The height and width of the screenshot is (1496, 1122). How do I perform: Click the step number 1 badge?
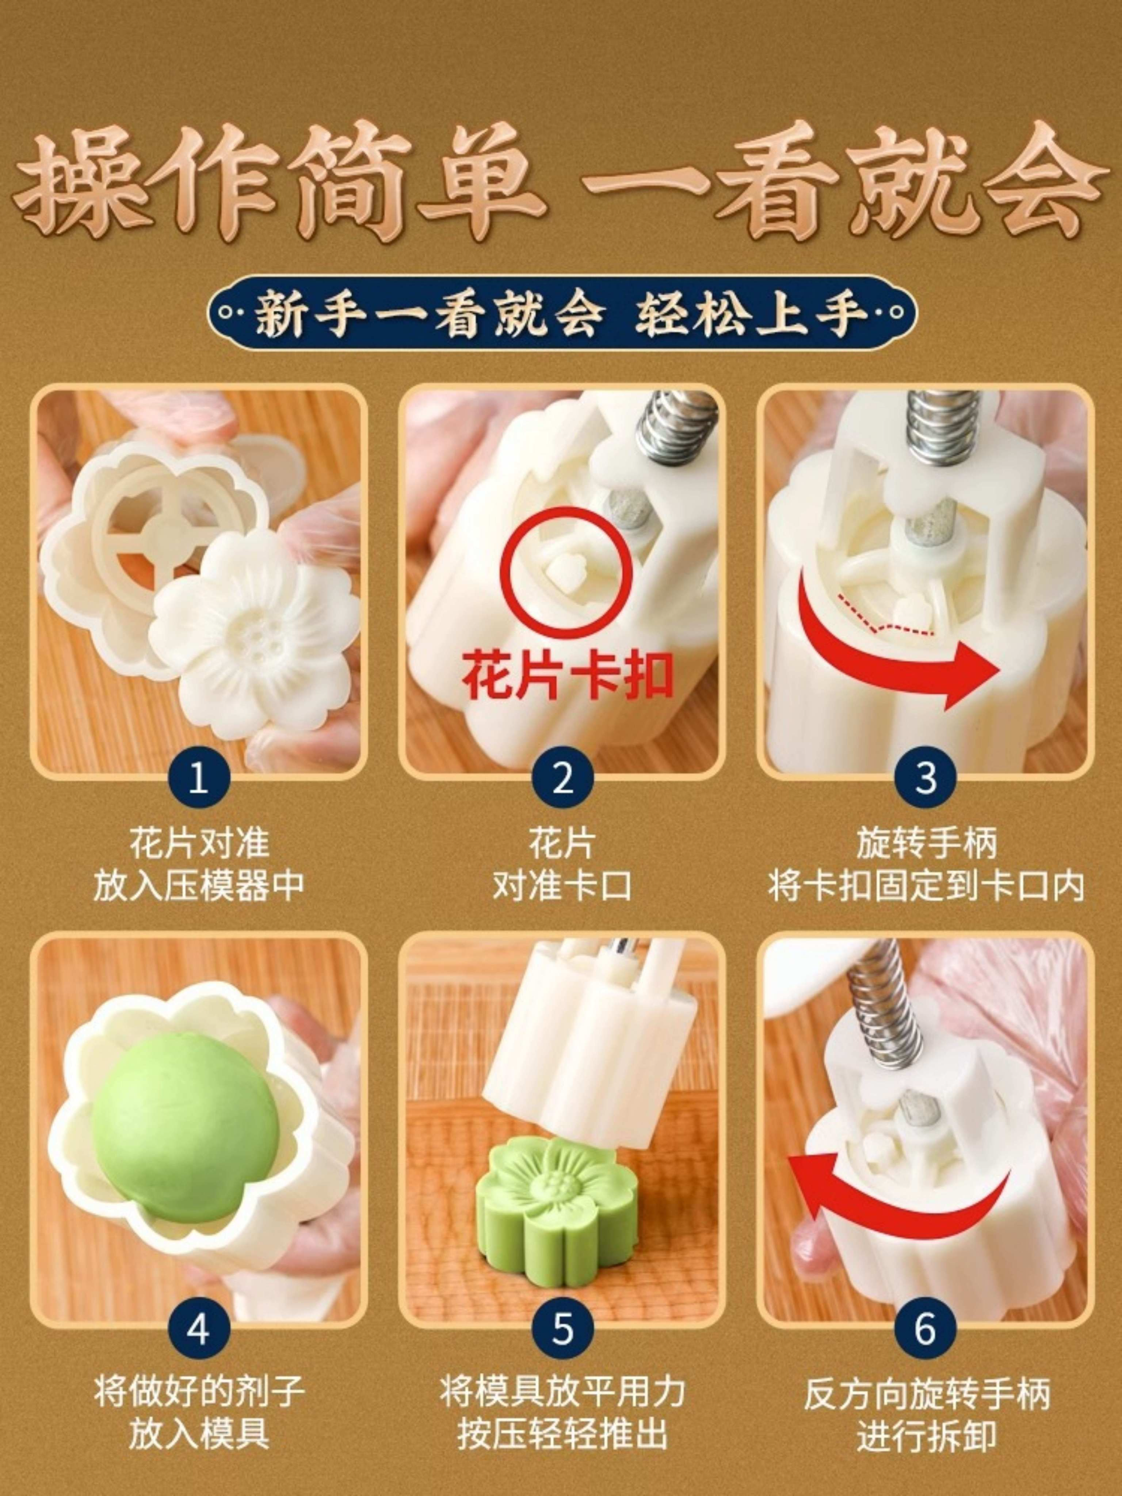click(x=198, y=778)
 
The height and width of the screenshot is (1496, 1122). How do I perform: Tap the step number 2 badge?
click(x=562, y=778)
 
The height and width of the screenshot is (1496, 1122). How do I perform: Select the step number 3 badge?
click(x=925, y=778)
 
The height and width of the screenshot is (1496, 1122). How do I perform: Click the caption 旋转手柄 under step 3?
click(x=926, y=843)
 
